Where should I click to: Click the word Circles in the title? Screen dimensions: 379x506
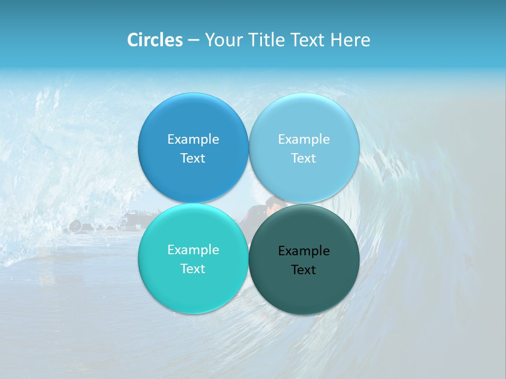[155, 40]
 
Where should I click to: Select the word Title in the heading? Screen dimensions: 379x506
[267, 40]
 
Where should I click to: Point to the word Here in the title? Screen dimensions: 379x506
[350, 40]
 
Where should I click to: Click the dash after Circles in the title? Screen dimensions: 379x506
[193, 41]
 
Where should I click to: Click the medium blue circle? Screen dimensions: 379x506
[193, 118]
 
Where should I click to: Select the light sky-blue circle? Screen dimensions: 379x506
[304, 118]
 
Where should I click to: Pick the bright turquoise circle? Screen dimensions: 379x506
[193, 287]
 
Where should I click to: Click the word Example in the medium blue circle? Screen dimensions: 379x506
[193, 139]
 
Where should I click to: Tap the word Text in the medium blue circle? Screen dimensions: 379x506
[193, 158]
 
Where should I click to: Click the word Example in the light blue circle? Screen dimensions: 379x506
[304, 139]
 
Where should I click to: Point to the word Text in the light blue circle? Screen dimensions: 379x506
[304, 158]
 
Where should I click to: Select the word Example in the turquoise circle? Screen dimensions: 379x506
[193, 250]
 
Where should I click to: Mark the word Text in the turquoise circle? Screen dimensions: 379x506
[193, 268]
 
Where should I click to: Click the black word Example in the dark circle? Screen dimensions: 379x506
[304, 251]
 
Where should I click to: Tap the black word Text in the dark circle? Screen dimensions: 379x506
[304, 270]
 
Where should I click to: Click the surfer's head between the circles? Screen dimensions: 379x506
[275, 202]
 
